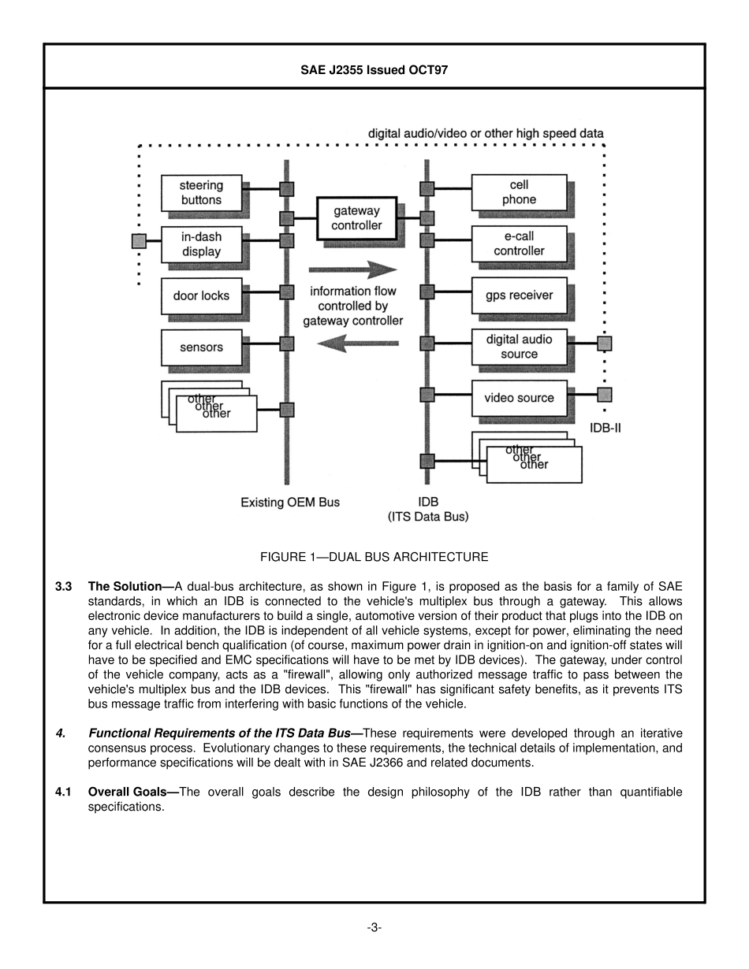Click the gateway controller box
pyautogui.click(x=356, y=218)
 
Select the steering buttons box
pyautogui.click(x=201, y=193)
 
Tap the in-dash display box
pyautogui.click(x=201, y=244)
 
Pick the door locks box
pyautogui.click(x=201, y=296)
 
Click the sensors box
pyautogui.click(x=201, y=347)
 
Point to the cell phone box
pyautogui.click(x=519, y=193)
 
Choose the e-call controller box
pyautogui.click(x=519, y=244)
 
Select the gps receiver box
pyautogui.click(x=519, y=295)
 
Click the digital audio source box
pyautogui.click(x=519, y=347)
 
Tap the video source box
pyautogui.click(x=519, y=398)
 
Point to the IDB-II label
pyautogui.click(x=606, y=429)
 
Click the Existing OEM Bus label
pyautogui.click(x=290, y=502)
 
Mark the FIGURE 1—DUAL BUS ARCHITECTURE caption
pyautogui.click(x=374, y=557)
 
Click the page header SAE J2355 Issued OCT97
pyautogui.click(x=374, y=69)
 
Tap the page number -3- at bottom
pyautogui.click(x=374, y=927)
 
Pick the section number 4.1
pyautogui.click(x=64, y=792)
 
